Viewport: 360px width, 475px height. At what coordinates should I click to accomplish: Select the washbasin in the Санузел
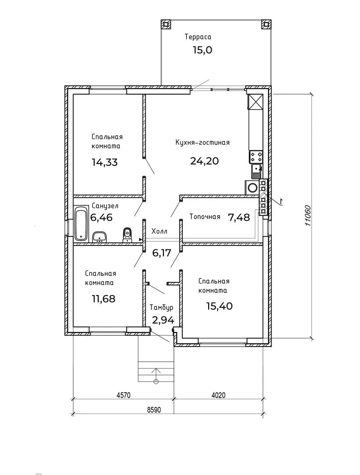[99, 237]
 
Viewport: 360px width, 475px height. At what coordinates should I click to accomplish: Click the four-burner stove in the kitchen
[256, 157]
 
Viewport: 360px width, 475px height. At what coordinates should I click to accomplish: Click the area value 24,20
[204, 161]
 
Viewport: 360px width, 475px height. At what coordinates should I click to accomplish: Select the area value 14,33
[105, 162]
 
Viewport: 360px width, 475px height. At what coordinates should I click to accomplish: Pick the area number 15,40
[220, 306]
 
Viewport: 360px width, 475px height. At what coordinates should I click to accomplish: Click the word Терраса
[198, 37]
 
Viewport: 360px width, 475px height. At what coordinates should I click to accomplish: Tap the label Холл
[159, 231]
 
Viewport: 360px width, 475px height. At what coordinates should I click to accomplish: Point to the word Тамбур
[162, 308]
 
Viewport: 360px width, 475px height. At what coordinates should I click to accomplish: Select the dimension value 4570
[123, 395]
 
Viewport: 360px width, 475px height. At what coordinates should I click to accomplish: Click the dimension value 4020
[218, 395]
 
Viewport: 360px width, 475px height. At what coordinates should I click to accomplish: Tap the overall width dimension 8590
[154, 410]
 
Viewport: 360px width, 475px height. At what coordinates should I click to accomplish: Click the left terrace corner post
[165, 24]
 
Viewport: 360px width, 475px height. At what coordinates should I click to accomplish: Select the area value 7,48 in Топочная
[239, 217]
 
